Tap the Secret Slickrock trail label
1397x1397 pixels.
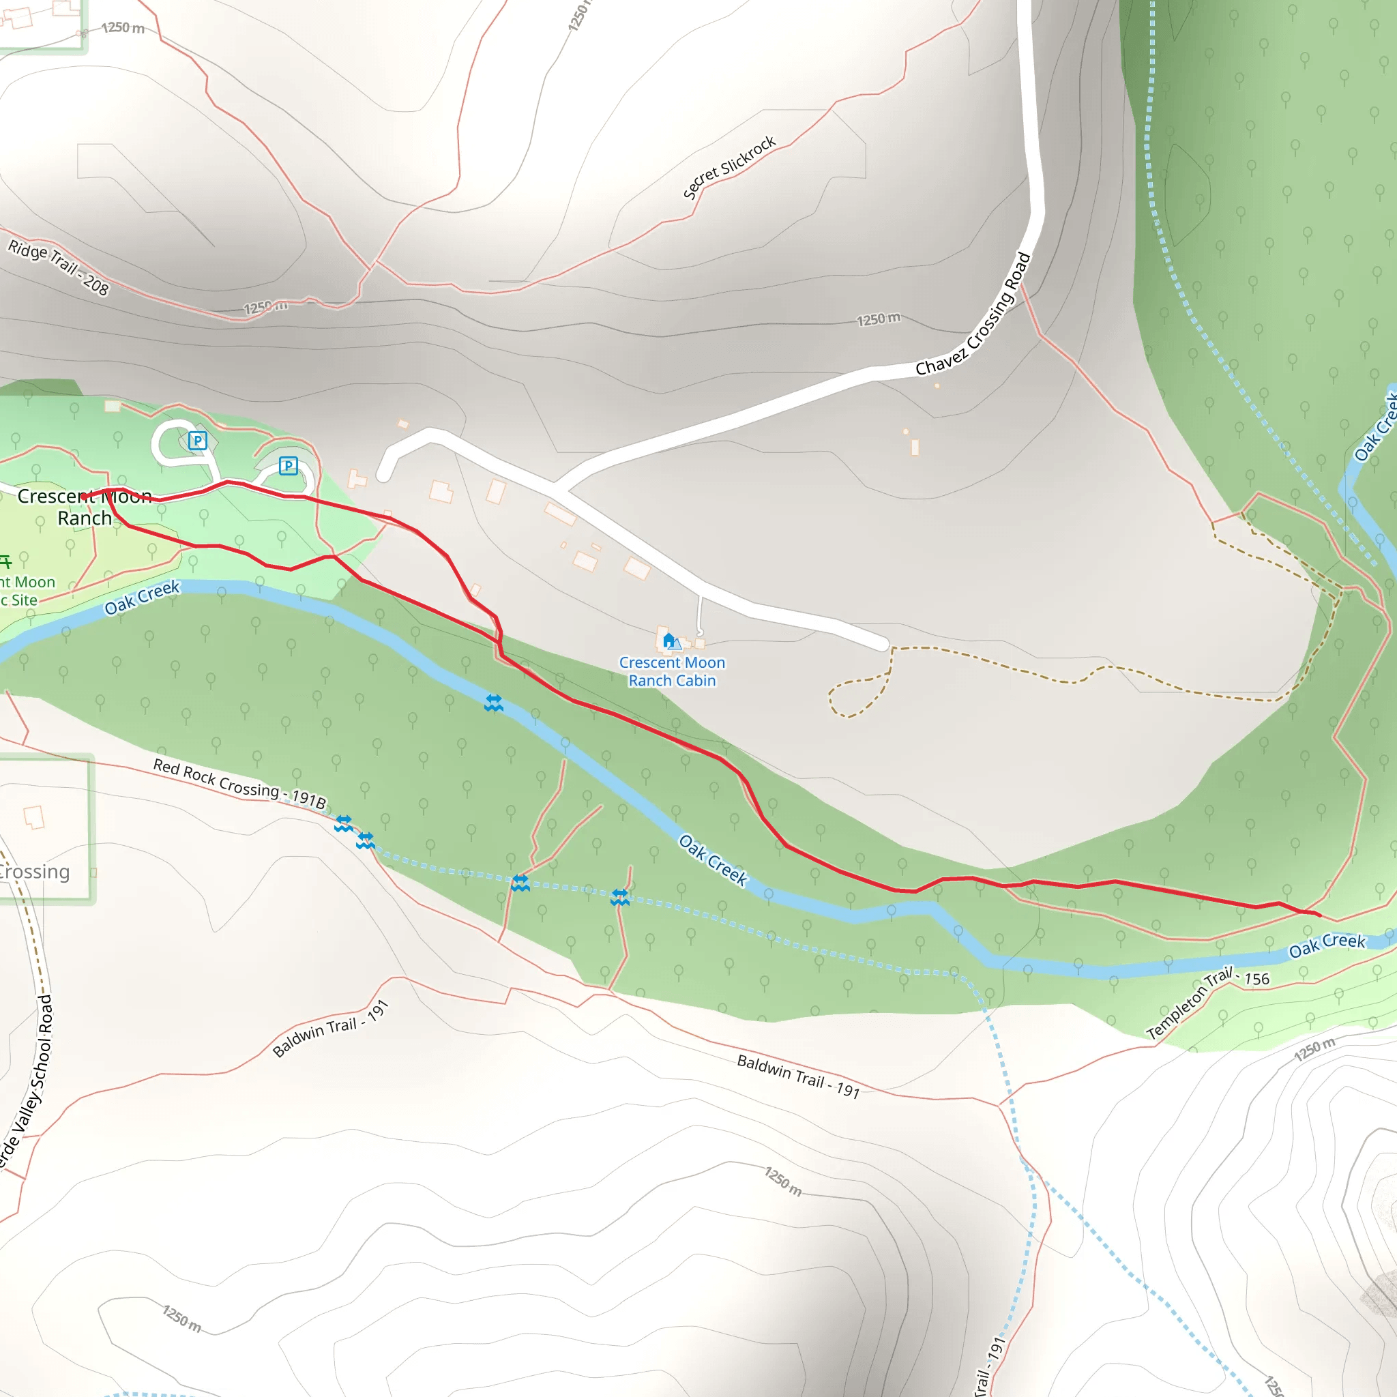(729, 167)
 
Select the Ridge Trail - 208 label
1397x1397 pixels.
(59, 268)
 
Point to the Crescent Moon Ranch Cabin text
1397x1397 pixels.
(672, 671)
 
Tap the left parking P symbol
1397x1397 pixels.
(197, 441)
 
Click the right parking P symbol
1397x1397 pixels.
(289, 466)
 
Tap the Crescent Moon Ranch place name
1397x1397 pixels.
(85, 507)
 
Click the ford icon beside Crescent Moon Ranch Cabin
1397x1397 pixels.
(494, 703)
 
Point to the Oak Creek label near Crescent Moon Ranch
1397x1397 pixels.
(142, 598)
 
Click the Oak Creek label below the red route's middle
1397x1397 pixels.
(713, 859)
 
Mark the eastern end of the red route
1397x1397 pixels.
(1320, 915)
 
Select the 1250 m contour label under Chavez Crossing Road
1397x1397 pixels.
(879, 319)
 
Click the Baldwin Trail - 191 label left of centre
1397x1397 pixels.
(331, 1028)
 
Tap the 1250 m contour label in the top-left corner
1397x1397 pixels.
(123, 28)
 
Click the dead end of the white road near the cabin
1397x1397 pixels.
(883, 644)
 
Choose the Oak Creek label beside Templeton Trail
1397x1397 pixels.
(1327, 944)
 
